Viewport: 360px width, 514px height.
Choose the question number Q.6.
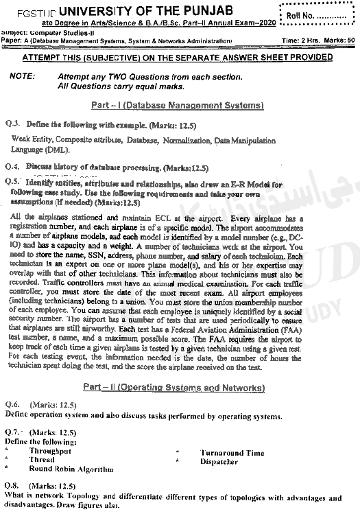(13, 406)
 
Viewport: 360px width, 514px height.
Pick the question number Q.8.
(13, 486)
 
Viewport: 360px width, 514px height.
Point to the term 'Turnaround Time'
(232, 453)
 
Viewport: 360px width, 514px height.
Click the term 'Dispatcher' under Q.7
(219, 462)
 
